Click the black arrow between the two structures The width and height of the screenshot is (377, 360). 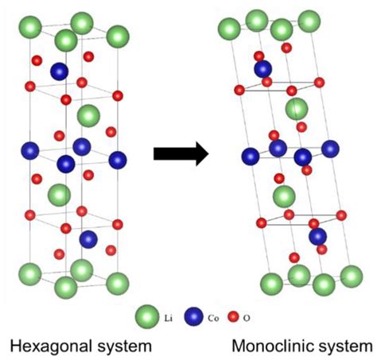coord(181,153)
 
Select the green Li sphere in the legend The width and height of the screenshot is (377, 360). coord(147,316)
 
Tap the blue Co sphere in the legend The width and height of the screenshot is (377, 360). coord(194,316)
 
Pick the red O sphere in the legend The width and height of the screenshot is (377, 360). coord(233,317)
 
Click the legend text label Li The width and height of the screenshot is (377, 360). coord(169,318)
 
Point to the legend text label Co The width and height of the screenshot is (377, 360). coord(213,318)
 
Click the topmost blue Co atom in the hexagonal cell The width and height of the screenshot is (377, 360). coord(60,72)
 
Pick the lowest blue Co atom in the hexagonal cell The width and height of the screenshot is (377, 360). coord(88,239)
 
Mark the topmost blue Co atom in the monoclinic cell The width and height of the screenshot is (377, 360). coord(263,69)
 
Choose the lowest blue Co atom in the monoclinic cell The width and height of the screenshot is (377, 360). coord(318,237)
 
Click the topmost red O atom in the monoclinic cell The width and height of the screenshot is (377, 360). coord(286,48)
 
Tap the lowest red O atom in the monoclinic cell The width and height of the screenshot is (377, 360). coord(294,257)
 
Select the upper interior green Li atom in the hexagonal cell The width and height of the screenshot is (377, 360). coord(88,116)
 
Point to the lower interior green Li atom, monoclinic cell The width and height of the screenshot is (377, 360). coord(284,196)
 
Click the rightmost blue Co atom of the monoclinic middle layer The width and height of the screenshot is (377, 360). coord(330,149)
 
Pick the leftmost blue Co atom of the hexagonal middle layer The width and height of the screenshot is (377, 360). coord(30,151)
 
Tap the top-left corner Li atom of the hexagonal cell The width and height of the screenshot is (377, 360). coord(30,27)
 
